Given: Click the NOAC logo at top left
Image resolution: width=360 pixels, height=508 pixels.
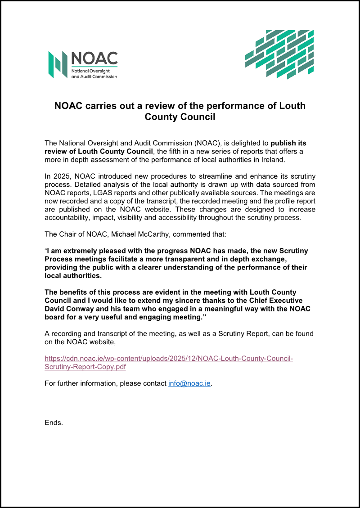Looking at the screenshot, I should (x=83, y=65).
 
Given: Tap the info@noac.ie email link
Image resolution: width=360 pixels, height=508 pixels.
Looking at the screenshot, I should (x=189, y=384).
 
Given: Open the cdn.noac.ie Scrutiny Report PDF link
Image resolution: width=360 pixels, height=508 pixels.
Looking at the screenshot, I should (x=168, y=362).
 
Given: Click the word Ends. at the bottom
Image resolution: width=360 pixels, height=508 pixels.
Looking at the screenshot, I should (x=54, y=423).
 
